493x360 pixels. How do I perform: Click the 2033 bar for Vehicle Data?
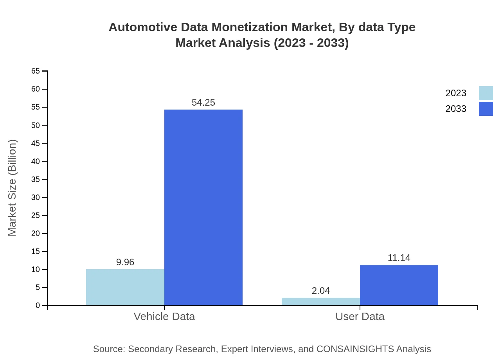coord(203,207)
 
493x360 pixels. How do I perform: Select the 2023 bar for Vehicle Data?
coord(125,287)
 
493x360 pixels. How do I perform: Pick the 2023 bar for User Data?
coord(321,301)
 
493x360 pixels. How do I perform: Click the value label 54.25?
coord(203,103)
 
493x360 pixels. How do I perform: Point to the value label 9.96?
coord(125,262)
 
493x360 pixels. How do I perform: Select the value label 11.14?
coord(399,258)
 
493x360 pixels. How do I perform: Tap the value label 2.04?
coord(321,291)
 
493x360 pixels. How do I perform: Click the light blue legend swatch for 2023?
coord(486,93)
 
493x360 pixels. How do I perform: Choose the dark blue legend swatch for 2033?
coord(486,109)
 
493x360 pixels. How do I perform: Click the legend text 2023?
coord(456,93)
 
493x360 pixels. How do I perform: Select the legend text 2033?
coord(456,109)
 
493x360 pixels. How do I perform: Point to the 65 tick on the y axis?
coord(36,71)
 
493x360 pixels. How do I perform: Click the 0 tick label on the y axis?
coord(38,306)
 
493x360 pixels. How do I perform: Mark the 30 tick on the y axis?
coord(36,197)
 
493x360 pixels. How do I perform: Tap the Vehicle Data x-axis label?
coord(164,316)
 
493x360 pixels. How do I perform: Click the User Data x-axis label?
coord(360,316)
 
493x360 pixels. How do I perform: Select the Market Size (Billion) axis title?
coord(12,188)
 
